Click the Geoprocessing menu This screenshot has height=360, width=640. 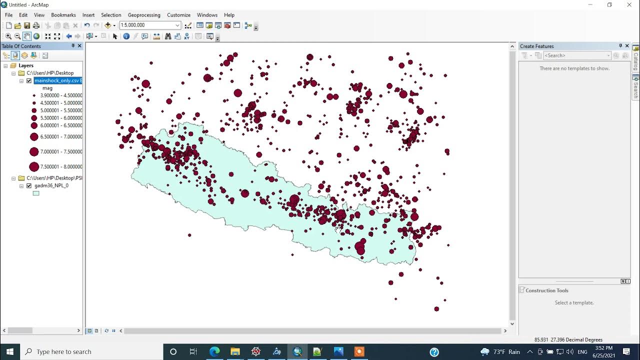[144, 15]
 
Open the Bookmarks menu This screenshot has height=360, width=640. [63, 15]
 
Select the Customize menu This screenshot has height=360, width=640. [178, 15]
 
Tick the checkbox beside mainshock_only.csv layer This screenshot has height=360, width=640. [29, 80]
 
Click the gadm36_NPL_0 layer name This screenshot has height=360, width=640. [51, 185]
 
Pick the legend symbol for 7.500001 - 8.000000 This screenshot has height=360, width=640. [34, 167]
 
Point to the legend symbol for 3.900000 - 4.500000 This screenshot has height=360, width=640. [34, 95]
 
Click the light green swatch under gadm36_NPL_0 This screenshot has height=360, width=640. [36, 193]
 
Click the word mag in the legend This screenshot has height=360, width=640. [47, 88]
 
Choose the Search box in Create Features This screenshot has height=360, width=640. [575, 55]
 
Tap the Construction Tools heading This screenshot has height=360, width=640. [547, 290]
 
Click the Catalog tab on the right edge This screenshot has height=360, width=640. [636, 59]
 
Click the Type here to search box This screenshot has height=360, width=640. [64, 351]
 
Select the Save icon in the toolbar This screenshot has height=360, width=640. [27, 25]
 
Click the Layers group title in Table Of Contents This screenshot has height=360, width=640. [26, 65]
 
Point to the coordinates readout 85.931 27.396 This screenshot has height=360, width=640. [568, 340]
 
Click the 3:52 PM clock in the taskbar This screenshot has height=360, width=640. [604, 348]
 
